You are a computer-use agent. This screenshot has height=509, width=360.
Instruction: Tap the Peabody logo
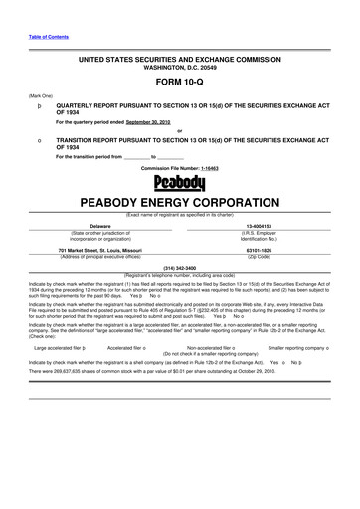click(x=180, y=183)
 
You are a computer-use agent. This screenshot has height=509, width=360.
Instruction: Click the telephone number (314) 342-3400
click(x=179, y=268)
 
